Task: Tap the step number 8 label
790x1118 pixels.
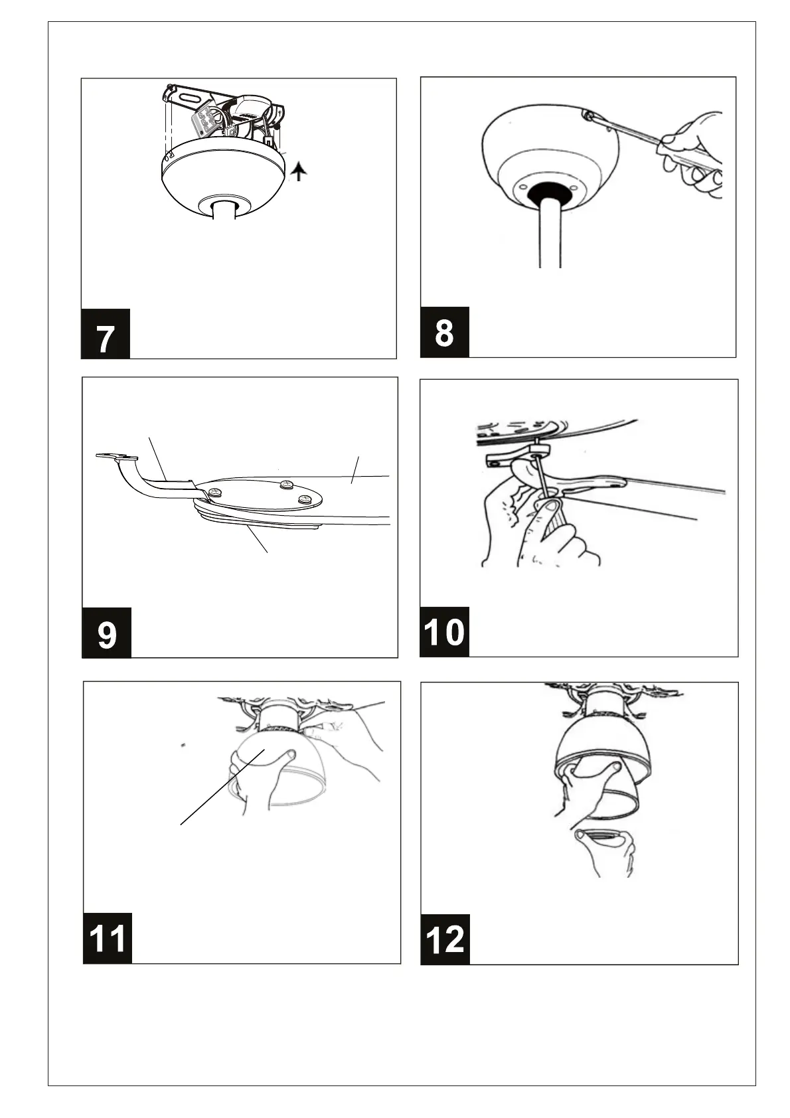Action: tap(445, 333)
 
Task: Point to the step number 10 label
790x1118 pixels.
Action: tap(445, 632)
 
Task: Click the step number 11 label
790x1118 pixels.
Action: tap(108, 938)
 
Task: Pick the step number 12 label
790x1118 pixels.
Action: tap(445, 939)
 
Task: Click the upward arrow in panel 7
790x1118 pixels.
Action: tap(299, 173)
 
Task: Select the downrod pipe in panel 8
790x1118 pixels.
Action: tap(550, 234)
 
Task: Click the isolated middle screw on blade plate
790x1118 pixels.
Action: tap(286, 485)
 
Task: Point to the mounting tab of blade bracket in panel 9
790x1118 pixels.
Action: tap(117, 456)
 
